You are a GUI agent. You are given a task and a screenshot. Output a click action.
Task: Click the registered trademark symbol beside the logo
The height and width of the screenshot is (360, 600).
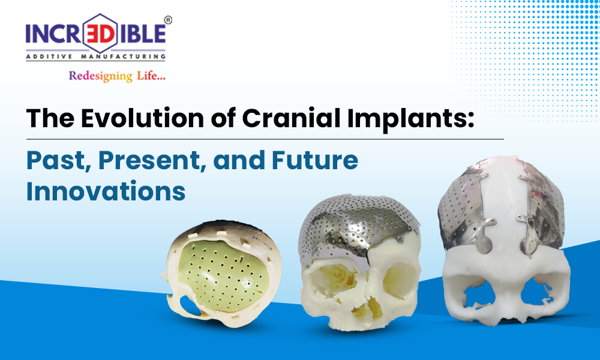pos(167,20)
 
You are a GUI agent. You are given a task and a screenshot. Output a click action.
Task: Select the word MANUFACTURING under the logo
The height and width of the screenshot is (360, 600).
pos(123,56)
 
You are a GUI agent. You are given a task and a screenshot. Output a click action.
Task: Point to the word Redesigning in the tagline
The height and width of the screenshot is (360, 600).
pos(100,76)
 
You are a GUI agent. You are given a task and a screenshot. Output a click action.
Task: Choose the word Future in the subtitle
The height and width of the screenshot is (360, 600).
pos(315,160)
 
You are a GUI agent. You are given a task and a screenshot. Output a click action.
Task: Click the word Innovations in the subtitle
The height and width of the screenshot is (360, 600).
pos(106,191)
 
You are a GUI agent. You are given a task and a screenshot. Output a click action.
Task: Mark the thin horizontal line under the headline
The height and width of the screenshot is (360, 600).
pos(265,139)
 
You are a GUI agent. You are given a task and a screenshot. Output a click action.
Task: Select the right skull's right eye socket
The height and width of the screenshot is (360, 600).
pos(538,291)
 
